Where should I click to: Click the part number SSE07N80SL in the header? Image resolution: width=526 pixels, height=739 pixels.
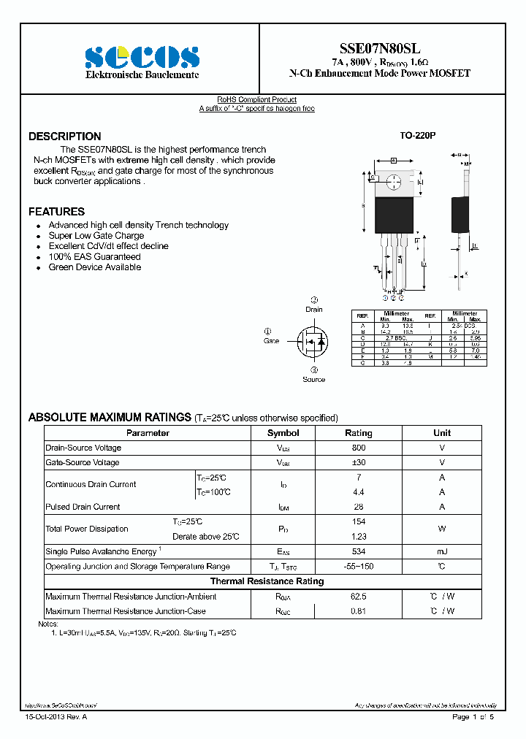(x=380, y=48)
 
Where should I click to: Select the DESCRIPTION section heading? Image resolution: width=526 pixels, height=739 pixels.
(x=64, y=137)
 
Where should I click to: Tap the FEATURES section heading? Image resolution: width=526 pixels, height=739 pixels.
(x=56, y=212)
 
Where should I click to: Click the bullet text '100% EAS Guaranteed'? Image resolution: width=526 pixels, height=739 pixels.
(x=94, y=257)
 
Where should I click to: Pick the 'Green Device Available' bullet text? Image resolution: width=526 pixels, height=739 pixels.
(x=95, y=267)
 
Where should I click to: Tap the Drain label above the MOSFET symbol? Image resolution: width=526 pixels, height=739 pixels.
(x=314, y=310)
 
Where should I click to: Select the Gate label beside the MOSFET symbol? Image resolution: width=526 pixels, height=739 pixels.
(x=271, y=341)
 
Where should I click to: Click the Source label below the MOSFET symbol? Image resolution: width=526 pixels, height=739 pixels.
(x=314, y=379)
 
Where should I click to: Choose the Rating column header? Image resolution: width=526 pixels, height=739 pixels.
(x=358, y=433)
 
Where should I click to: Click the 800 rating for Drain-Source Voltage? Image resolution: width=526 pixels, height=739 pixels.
(x=358, y=448)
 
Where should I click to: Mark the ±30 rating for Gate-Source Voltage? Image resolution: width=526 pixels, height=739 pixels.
(x=358, y=463)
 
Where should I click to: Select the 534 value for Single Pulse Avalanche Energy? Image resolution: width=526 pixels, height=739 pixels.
(x=358, y=551)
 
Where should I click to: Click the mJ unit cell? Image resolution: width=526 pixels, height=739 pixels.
(x=442, y=551)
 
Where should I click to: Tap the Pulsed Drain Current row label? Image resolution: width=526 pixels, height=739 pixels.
(x=83, y=507)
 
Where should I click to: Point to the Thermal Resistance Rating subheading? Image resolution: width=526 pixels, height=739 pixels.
(x=267, y=581)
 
